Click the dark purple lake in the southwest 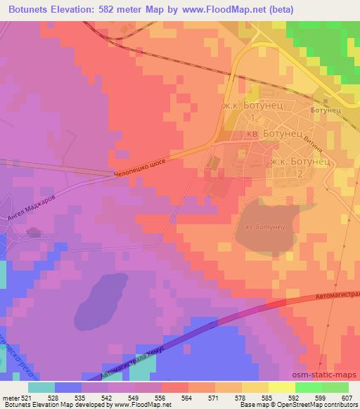(x=100, y=301)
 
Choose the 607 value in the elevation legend (x=346, y=397)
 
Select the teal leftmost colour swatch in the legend (x=41, y=387)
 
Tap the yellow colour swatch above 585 (x=282, y=387)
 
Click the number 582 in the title (x=109, y=9)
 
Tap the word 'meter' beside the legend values (x=11, y=397)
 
